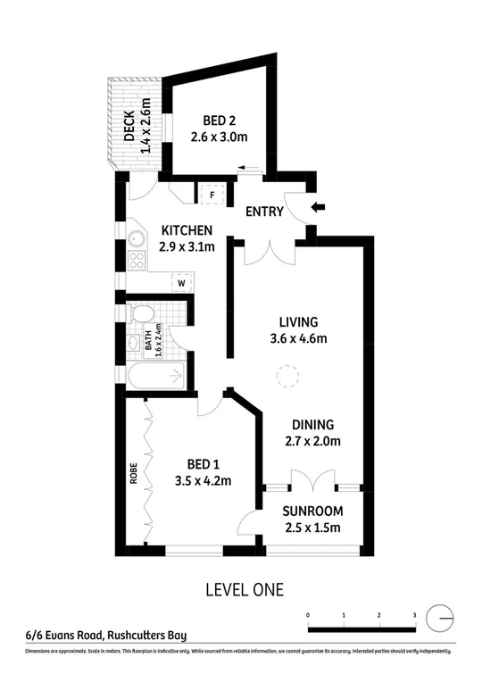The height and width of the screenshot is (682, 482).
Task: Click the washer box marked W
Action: point(181,283)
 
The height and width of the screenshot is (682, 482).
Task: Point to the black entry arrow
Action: point(319,209)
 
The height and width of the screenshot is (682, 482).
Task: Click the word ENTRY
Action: point(264,212)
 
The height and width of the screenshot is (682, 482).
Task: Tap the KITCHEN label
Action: point(187,230)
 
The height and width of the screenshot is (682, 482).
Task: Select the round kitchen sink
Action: point(137,239)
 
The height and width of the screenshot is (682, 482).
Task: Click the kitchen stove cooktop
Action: point(137,262)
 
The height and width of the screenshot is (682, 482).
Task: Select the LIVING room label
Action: point(299,322)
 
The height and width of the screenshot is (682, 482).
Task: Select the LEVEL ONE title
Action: point(244,589)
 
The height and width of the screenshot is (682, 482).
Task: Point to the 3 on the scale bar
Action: point(414,616)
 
